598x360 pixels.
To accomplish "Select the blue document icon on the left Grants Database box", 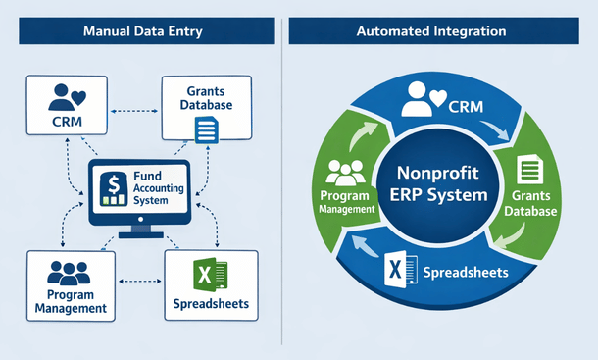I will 207,129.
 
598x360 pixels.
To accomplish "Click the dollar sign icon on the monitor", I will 114,183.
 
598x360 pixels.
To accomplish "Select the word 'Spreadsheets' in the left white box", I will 210,304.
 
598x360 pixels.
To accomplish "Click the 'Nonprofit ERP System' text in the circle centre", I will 437,182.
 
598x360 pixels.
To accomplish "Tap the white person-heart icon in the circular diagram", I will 425,95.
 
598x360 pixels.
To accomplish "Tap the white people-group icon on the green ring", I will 346,173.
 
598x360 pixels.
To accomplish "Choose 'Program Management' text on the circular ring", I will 344,202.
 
